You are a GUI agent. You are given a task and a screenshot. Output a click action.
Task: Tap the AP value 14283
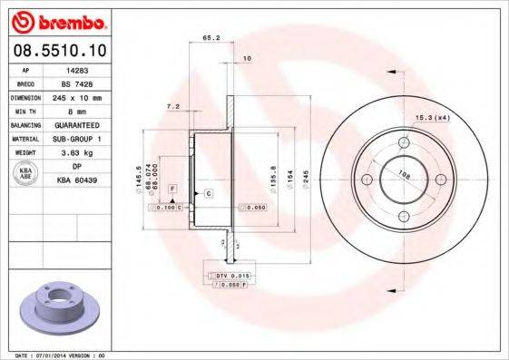[x=76, y=69]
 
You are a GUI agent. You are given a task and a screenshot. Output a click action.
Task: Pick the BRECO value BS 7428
[x=76, y=82]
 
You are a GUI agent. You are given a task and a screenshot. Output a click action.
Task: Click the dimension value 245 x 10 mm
[x=76, y=95]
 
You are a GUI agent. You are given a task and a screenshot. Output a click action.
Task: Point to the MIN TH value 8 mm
[x=76, y=109]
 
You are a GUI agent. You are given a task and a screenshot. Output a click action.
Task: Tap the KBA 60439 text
[x=77, y=180]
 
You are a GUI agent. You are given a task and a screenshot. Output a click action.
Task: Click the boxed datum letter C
[x=208, y=194]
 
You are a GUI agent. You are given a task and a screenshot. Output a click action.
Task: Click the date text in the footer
[x=54, y=355]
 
